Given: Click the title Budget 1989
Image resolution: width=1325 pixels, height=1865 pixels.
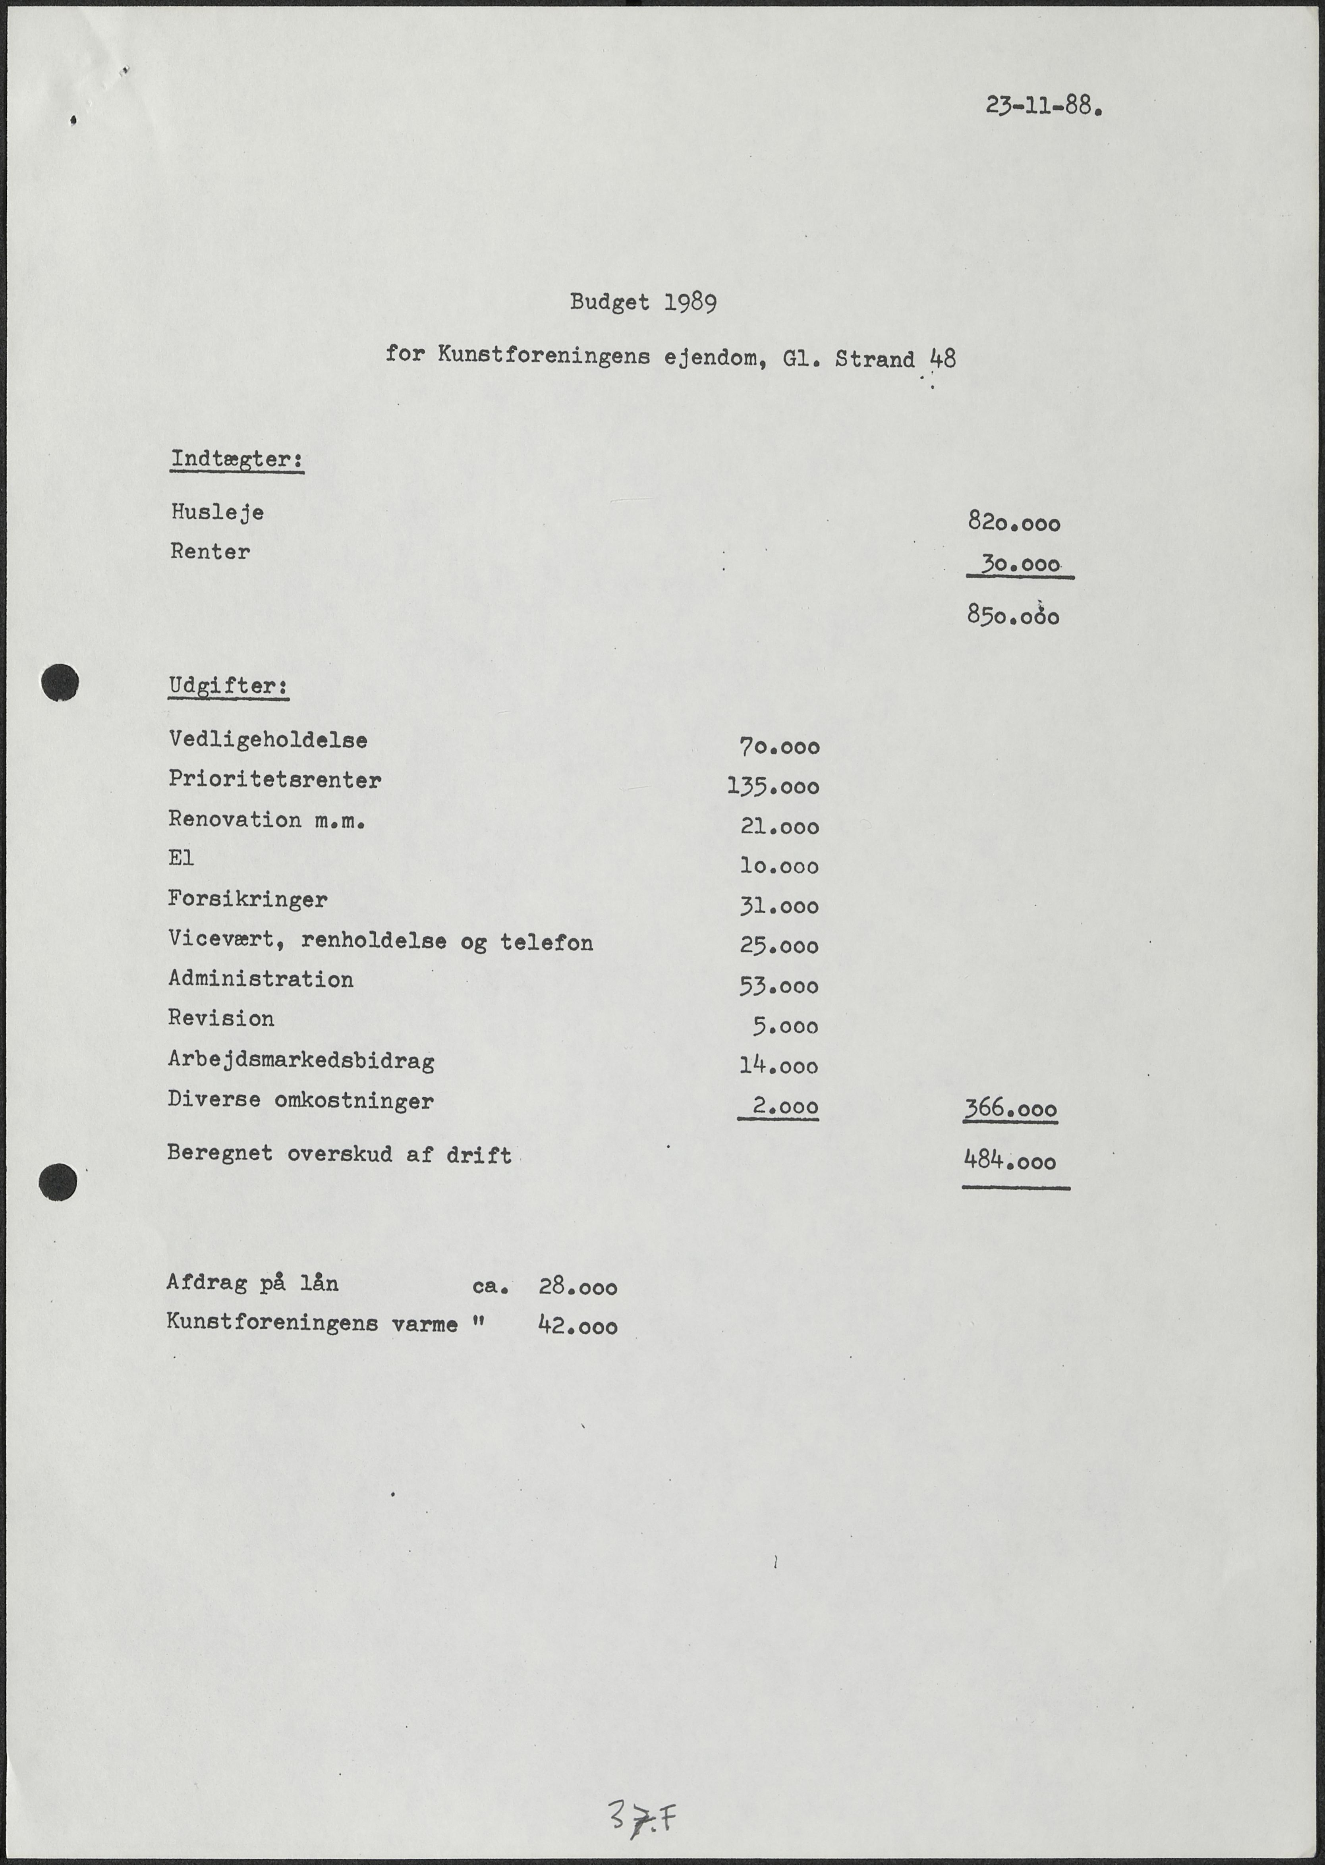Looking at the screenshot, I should (643, 303).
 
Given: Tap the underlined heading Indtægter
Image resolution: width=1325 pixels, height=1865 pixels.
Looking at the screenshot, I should (237, 459).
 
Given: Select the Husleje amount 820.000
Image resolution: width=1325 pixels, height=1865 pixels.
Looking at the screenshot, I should (1013, 522).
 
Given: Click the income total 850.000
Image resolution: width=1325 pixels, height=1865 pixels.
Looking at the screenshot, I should (1013, 615).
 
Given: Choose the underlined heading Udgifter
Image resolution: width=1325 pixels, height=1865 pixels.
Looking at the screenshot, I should (228, 686).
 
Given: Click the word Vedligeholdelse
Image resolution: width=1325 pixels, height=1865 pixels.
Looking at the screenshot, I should (268, 740).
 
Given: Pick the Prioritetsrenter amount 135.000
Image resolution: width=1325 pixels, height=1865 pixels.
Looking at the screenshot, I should (773, 786).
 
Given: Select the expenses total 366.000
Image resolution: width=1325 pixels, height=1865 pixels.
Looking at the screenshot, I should (1010, 1109).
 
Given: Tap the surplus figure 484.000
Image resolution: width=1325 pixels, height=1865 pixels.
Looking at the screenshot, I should (1010, 1160).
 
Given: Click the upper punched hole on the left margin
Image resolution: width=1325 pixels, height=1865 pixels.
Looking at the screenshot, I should (60, 682).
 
